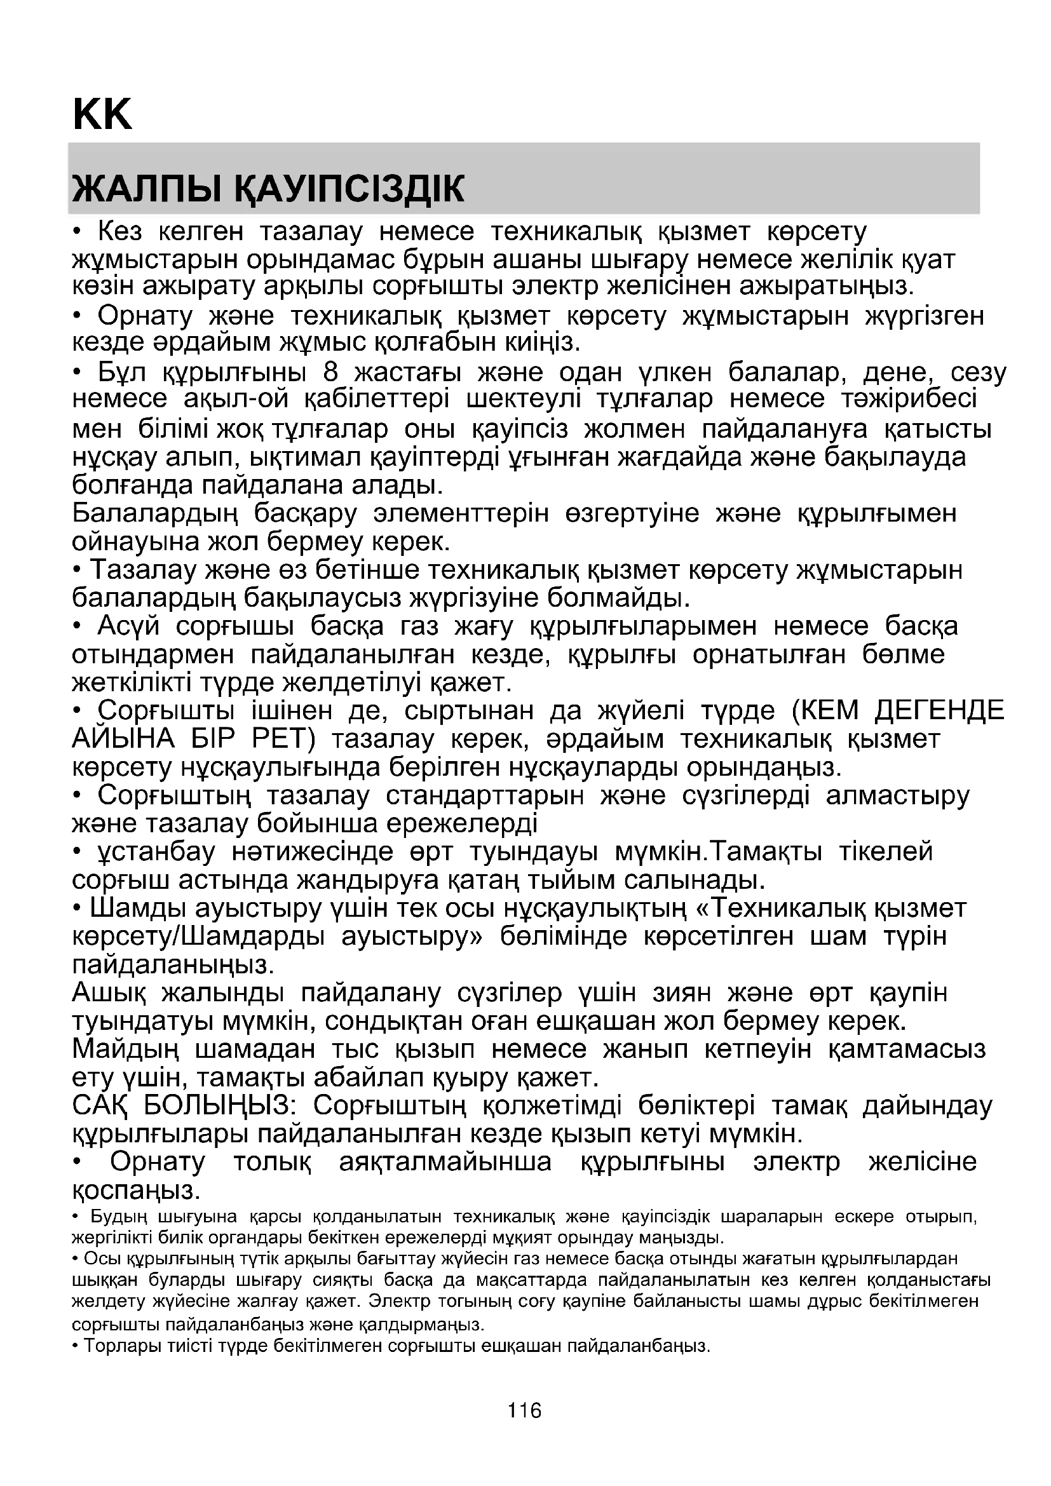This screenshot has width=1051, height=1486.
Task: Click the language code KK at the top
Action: coord(102,114)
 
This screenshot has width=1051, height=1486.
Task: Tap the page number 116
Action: coord(525,1410)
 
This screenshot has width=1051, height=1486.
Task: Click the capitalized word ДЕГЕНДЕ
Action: coord(939,712)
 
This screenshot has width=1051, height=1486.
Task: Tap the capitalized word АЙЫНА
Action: coord(123,739)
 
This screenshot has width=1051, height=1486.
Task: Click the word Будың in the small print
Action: coord(118,1217)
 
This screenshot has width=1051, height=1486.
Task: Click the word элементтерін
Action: coord(461,513)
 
